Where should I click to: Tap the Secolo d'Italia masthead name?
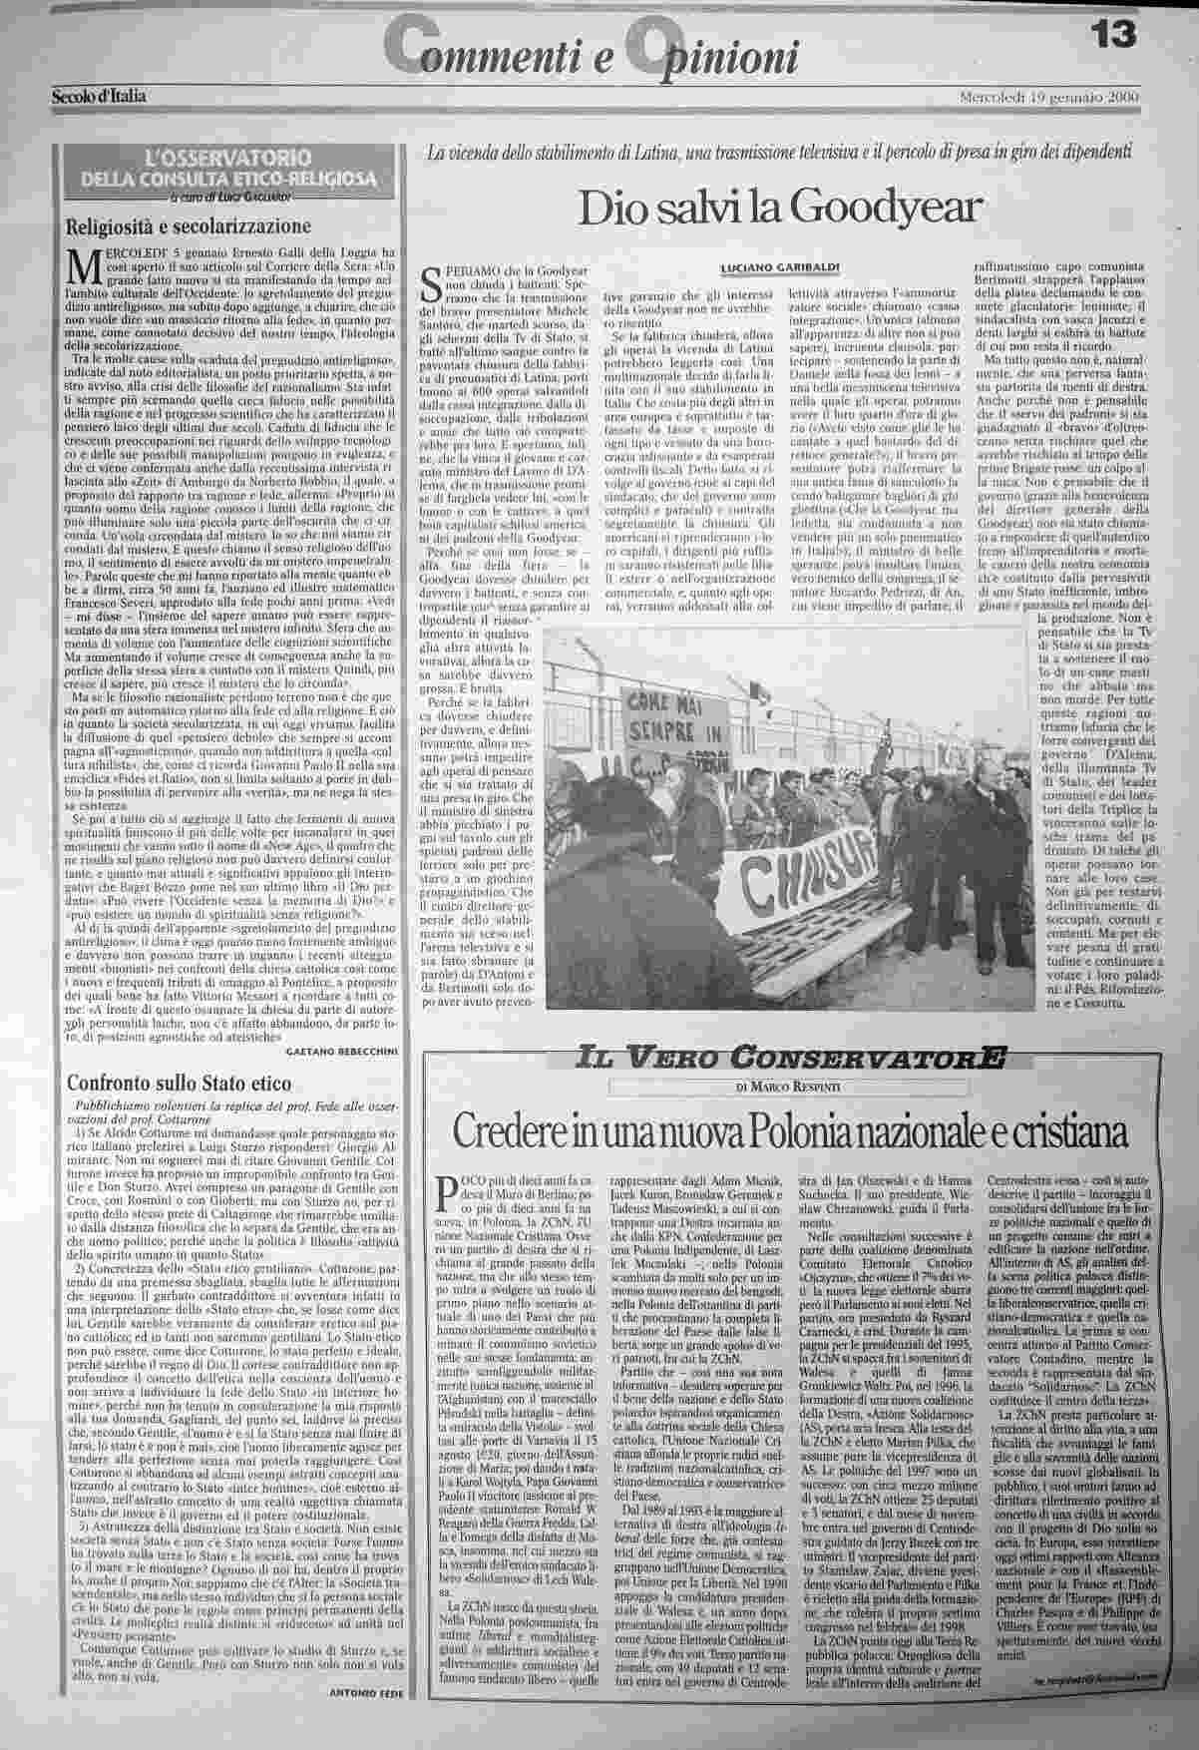point(100,97)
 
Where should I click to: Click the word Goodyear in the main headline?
point(906,207)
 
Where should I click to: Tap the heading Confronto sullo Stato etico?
point(179,1084)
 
